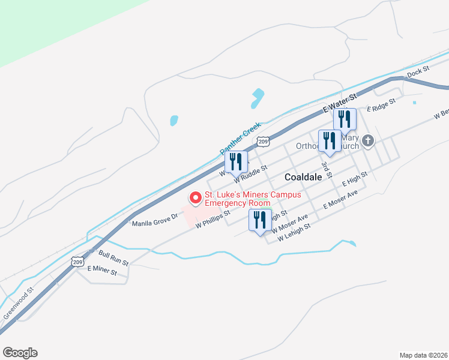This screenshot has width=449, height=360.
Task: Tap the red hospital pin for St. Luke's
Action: tap(195, 197)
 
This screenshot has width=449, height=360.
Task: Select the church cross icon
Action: tap(368, 142)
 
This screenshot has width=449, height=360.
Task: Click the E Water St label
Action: tap(339, 103)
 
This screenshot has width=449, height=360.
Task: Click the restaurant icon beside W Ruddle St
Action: tap(236, 161)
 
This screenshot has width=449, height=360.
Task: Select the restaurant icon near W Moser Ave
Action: tap(261, 220)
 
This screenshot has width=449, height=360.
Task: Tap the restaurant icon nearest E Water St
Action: tap(345, 119)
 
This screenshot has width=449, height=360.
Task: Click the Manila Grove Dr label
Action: tap(155, 220)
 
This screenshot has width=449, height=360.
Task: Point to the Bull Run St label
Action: tap(113, 259)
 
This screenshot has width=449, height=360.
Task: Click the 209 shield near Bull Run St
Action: tap(77, 262)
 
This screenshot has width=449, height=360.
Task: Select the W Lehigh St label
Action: tap(294, 233)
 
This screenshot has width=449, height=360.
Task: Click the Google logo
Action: tap(20, 353)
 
